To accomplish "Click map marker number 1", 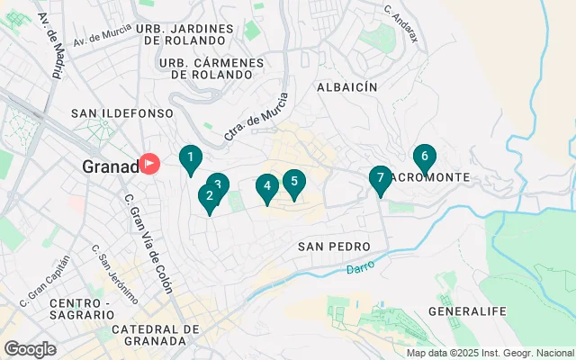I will click(190, 158).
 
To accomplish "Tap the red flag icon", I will click(149, 164).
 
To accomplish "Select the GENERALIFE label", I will click(467, 311).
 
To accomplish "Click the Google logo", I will click(30, 349).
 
